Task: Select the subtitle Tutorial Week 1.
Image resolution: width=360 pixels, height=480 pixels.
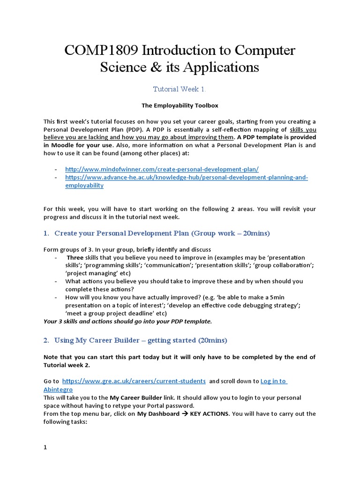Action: pyautogui.click(x=180, y=89)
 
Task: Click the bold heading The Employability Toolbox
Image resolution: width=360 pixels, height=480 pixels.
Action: pyautogui.click(x=180, y=105)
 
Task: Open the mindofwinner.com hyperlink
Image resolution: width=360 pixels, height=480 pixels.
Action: pyautogui.click(x=162, y=169)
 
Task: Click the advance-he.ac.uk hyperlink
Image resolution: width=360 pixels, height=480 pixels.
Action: pyautogui.click(x=186, y=178)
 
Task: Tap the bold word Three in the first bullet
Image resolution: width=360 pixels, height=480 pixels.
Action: pyautogui.click(x=75, y=258)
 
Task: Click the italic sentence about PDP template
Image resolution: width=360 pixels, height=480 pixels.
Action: pyautogui.click(x=127, y=321)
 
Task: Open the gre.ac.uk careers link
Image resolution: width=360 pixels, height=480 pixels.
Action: pyautogui.click(x=134, y=381)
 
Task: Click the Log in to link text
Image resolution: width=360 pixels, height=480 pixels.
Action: pyautogui.click(x=273, y=381)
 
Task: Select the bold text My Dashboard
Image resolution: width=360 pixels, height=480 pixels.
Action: pyautogui.click(x=158, y=414)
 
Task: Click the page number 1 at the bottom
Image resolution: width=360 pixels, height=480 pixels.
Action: pyautogui.click(x=45, y=447)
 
